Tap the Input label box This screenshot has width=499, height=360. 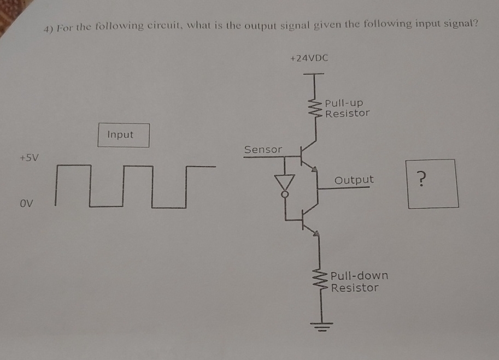pyautogui.click(x=124, y=135)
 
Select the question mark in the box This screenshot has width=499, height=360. pyautogui.click(x=420, y=178)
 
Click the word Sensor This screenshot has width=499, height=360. pyautogui.click(x=263, y=149)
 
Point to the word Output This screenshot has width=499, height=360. pyautogui.click(x=354, y=180)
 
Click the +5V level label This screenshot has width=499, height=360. pyautogui.click(x=29, y=158)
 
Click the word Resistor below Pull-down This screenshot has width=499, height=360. pyautogui.click(x=354, y=288)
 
